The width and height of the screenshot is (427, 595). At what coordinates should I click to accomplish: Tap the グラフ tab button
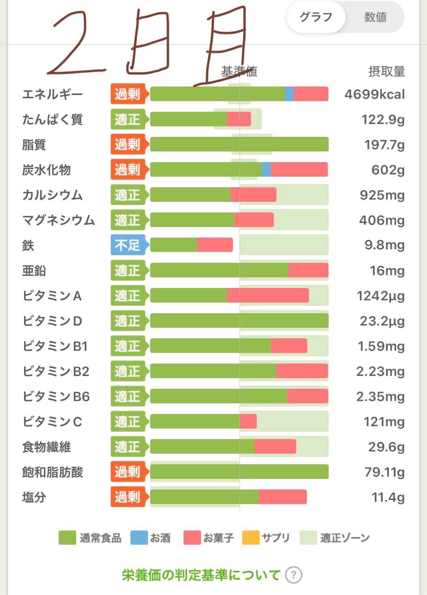pos(316,17)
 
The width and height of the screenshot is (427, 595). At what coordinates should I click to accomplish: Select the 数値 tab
pos(375,17)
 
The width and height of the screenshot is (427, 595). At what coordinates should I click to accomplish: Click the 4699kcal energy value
pos(374,94)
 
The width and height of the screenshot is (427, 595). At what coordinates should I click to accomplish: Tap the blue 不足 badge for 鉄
pos(127,245)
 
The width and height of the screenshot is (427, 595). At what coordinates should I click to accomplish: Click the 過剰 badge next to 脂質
pos(127,145)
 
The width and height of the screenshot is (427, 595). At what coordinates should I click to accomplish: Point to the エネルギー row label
pos(52,94)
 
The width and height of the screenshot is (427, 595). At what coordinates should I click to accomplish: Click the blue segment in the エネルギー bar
pos(289,94)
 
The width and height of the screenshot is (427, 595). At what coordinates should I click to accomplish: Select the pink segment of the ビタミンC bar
pos(248,422)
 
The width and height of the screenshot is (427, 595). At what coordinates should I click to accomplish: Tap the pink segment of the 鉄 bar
pos(215,245)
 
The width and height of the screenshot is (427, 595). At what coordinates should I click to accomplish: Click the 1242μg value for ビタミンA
pos(380,296)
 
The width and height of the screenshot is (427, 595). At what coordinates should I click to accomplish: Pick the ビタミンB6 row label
pos(56,397)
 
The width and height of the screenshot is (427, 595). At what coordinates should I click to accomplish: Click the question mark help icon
pos(293,575)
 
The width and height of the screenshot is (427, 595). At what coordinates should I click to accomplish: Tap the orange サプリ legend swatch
pos(251,538)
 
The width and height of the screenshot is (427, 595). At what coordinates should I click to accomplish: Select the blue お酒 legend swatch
pos(139,538)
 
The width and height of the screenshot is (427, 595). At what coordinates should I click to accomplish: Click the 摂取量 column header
pos(386,72)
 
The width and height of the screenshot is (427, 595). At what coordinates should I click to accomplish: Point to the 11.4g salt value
pos(388,497)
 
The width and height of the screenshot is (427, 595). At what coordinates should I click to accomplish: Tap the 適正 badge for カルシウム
pos(127,195)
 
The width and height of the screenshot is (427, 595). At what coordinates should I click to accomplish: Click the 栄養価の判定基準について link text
pos(201,575)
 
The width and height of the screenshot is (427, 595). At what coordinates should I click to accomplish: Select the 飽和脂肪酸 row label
pos(53,472)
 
